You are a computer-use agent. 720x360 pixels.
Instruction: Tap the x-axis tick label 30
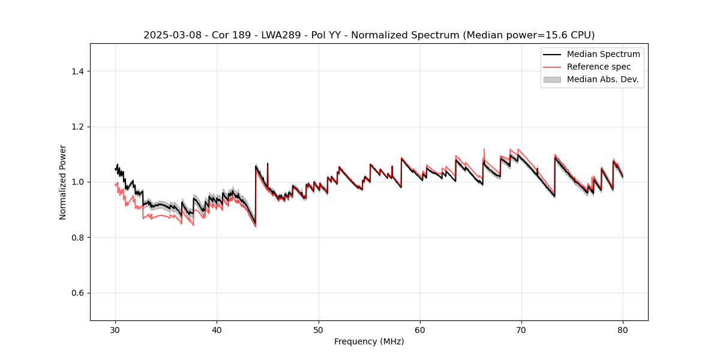click(x=115, y=330)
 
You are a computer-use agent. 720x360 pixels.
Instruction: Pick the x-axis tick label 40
click(x=217, y=330)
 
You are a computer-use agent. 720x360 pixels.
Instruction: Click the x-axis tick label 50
click(x=319, y=330)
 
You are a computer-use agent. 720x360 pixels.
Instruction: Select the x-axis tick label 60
click(x=420, y=330)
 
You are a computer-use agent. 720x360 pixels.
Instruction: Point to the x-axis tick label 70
click(x=521, y=330)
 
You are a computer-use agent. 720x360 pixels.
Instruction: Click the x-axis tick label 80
click(x=623, y=330)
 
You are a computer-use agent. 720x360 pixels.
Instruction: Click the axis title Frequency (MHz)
click(x=369, y=341)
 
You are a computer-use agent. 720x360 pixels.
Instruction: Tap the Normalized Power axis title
click(x=63, y=182)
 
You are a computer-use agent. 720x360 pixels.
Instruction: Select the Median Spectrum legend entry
click(x=603, y=54)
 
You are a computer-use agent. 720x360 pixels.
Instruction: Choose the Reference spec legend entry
click(x=598, y=67)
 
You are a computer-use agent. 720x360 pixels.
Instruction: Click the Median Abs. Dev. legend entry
click(x=602, y=79)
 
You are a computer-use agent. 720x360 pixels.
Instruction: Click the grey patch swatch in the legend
click(x=552, y=79)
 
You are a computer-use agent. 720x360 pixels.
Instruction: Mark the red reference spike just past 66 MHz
click(x=484, y=150)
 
